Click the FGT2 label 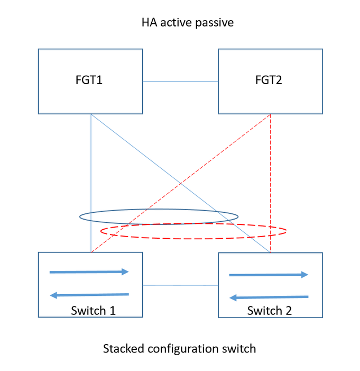pos(270,82)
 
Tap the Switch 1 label pos(93,310)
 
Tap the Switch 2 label pos(270,310)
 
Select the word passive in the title pos(214,23)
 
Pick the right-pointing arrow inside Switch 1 pos(89,272)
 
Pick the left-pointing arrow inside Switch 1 pos(89,295)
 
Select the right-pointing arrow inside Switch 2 pos(269,275)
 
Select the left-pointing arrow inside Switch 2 pos(269,297)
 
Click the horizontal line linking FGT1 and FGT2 pos(180,82)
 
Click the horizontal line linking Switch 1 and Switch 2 pos(180,285)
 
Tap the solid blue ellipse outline pos(80,216)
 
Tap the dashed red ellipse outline pos(286,231)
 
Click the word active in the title pos(177,23)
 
